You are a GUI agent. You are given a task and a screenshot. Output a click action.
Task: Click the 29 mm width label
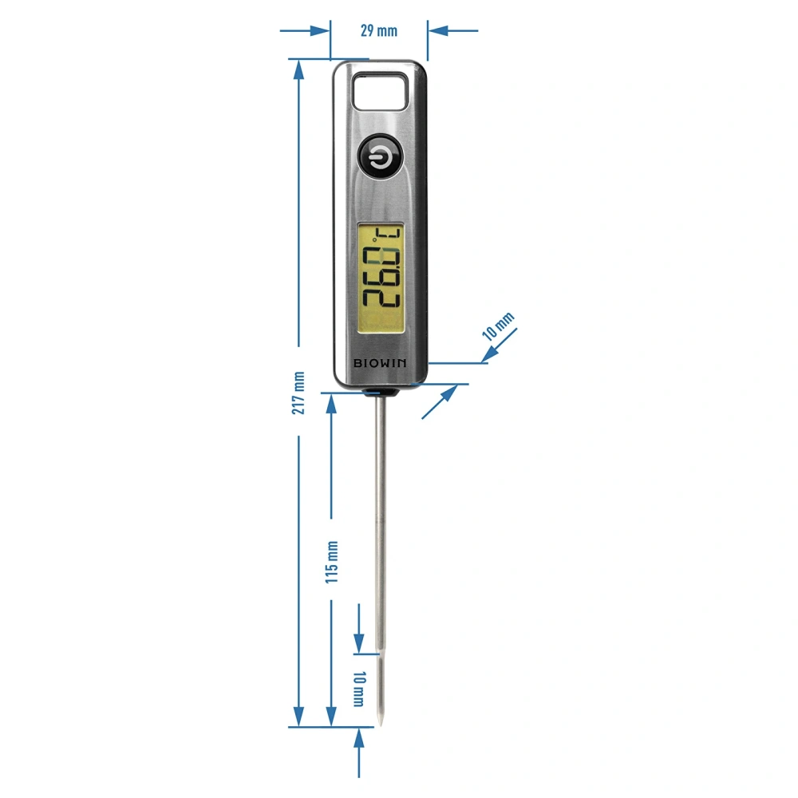click(x=378, y=32)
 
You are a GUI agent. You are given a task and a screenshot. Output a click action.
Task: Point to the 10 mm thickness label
click(x=499, y=327)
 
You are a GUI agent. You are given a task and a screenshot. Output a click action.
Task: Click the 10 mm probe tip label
click(x=358, y=689)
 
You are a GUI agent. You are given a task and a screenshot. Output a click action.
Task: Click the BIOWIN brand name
click(x=381, y=363)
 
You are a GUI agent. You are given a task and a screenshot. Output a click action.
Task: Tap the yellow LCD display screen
click(x=381, y=278)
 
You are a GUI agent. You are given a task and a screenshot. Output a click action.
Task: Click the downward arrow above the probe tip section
click(x=358, y=643)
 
